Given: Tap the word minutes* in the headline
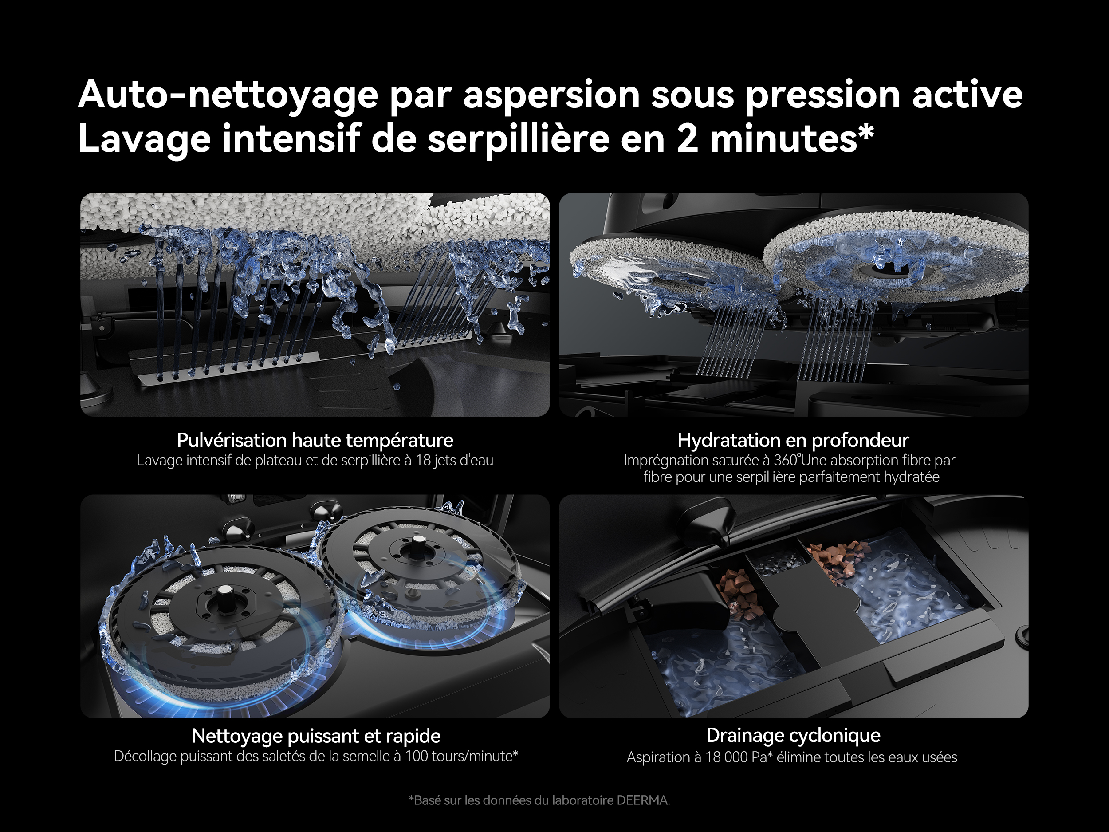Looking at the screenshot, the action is tap(792, 138).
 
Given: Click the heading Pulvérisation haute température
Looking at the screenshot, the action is tap(315, 440).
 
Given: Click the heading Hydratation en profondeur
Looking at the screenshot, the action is tap(793, 440).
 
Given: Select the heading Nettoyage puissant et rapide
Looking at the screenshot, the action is tap(316, 736).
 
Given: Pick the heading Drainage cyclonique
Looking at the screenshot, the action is tap(793, 736).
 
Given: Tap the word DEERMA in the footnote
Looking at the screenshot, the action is tap(643, 800).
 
